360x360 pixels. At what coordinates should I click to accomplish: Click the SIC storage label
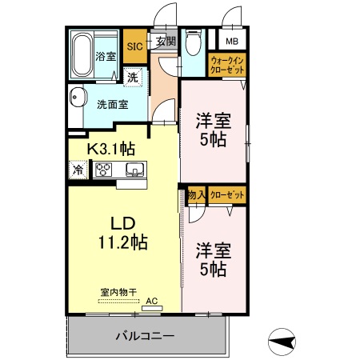coord(134,46)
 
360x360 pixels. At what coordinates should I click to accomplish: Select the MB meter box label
coord(231,42)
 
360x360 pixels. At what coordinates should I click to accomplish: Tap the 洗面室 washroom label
coord(112,104)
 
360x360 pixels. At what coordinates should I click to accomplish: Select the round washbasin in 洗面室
coord(78,99)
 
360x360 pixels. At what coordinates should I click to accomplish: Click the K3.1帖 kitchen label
coord(110,148)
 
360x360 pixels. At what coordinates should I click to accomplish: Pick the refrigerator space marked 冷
coord(78,170)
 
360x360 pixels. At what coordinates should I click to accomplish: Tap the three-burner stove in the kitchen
coord(106,169)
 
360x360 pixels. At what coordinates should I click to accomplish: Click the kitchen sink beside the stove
coord(134,169)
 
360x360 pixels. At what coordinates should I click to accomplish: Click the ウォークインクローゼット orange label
coord(227,64)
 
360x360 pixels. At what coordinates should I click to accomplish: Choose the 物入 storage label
coord(197,195)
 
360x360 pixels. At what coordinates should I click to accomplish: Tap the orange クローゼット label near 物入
coord(227,195)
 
